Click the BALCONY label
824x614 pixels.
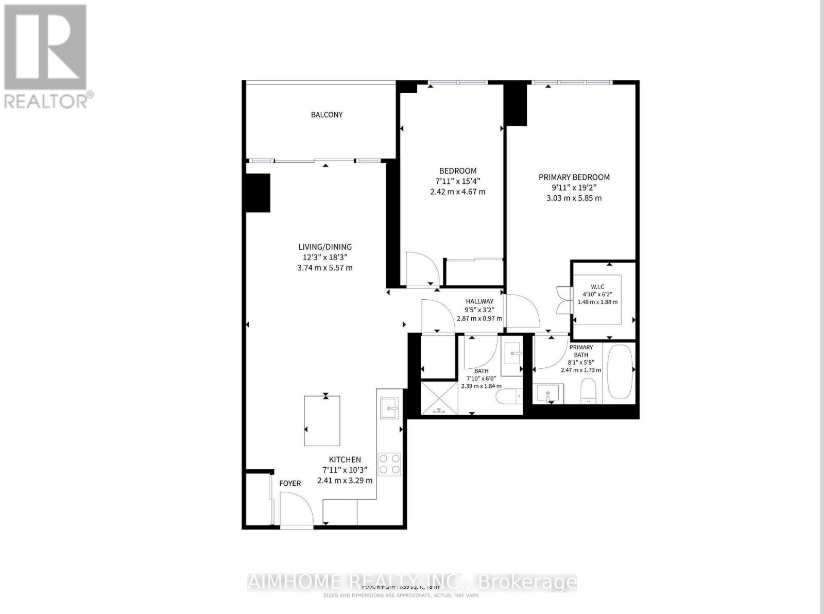pos(327,115)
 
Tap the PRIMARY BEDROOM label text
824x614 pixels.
pos(574,177)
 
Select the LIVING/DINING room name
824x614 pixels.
pos(324,247)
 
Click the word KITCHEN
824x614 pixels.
pos(345,459)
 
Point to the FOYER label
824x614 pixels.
pos(290,483)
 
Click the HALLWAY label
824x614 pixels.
pos(479,301)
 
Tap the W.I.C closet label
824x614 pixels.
pos(597,286)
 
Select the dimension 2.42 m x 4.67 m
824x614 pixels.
pos(457,192)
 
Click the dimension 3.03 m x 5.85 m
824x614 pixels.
pos(574,198)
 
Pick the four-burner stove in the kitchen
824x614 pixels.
pos(389,464)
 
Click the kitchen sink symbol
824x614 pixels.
pos(389,408)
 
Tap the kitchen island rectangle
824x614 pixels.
pos(322,420)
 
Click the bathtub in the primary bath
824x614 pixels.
pos(619,371)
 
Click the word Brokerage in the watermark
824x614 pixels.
pos(527,582)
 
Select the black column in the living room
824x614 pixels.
pos(257,193)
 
